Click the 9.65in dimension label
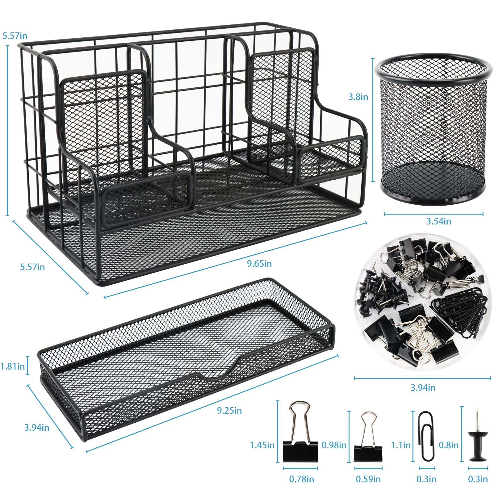pyautogui.click(x=259, y=263)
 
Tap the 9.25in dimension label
pyautogui.click(x=229, y=411)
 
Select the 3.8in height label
pyautogui.click(x=358, y=97)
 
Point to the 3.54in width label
pyautogui.click(x=438, y=221)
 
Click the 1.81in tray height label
pyautogui.click(x=13, y=366)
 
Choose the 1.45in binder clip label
pyautogui.click(x=262, y=445)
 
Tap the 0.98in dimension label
pyautogui.click(x=334, y=445)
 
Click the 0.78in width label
pyautogui.click(x=301, y=479)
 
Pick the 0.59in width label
pyautogui.click(x=368, y=479)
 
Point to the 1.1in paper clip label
pyautogui.click(x=401, y=445)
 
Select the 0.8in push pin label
pyautogui.click(x=449, y=445)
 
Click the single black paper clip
pyautogui.click(x=426, y=435)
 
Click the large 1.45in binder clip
pyautogui.click(x=300, y=432)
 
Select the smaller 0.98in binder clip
pyautogui.click(x=368, y=438)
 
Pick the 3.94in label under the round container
pyautogui.click(x=423, y=387)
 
